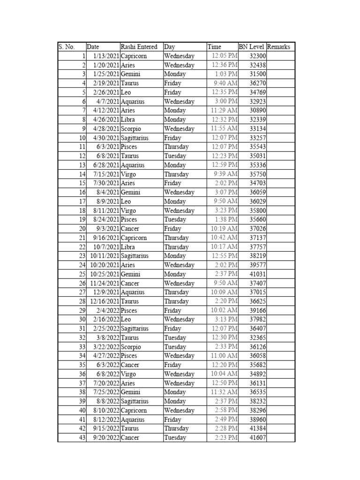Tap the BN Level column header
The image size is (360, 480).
[x=252, y=47]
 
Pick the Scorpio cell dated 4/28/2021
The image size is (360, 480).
[x=131, y=128]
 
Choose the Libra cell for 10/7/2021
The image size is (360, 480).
[x=128, y=247]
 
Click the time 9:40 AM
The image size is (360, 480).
[x=225, y=83]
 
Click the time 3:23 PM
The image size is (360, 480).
[x=226, y=210]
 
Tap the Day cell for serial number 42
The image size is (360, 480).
[x=176, y=428]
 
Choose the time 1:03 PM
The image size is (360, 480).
[x=226, y=74]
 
